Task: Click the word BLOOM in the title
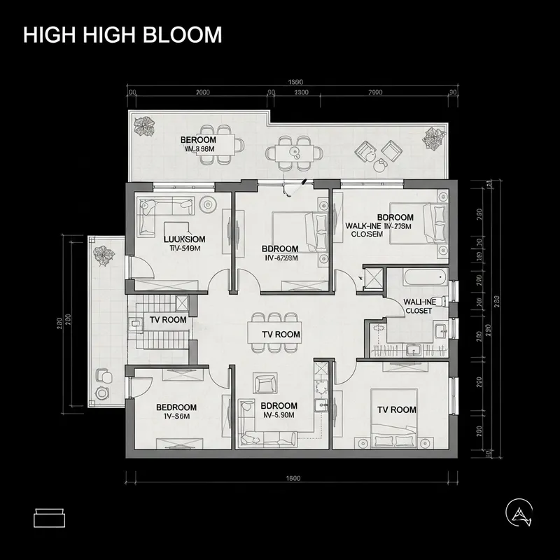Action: (x=184, y=35)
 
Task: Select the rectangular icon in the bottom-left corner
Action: (x=49, y=518)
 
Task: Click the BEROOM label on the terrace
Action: (x=198, y=140)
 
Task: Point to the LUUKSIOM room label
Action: (x=184, y=239)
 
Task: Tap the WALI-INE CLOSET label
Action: (x=420, y=305)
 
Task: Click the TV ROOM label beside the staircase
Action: (x=168, y=320)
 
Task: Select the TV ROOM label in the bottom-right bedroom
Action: (x=397, y=409)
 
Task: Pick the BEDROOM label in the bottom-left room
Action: (x=176, y=407)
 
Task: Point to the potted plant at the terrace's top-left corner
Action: (x=145, y=126)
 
